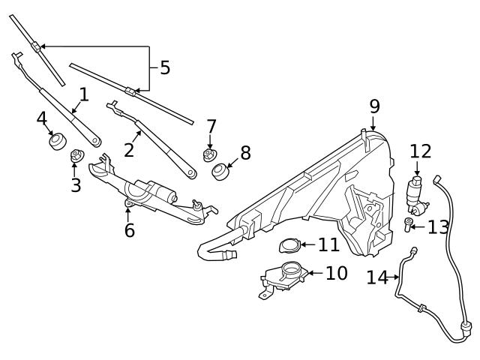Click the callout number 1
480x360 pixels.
click(x=83, y=94)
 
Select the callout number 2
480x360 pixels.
click(x=129, y=149)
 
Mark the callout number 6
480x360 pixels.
click(x=129, y=230)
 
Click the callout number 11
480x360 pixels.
click(x=328, y=244)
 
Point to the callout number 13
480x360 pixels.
click(x=437, y=226)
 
